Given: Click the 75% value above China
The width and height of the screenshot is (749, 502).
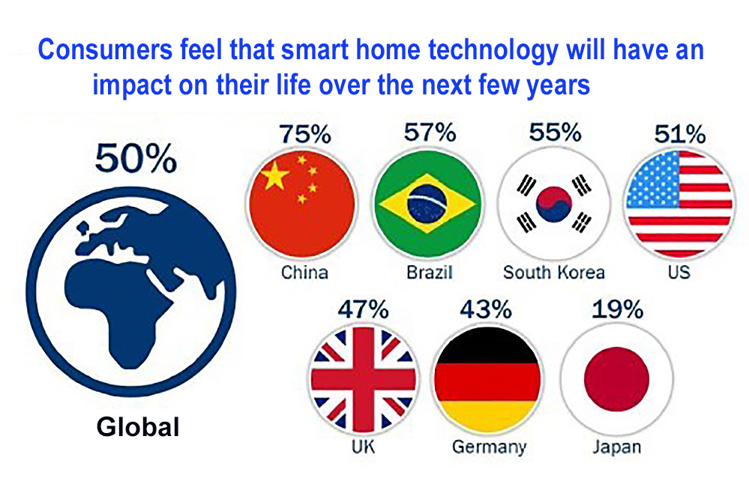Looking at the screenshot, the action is click(304, 134).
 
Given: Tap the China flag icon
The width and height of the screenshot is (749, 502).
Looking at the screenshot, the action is click(302, 204).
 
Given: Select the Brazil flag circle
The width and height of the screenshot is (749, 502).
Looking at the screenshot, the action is click(427, 204).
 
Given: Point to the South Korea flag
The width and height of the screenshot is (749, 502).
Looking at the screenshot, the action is click(553, 204).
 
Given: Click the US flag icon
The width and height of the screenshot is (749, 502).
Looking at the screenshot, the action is click(679, 204).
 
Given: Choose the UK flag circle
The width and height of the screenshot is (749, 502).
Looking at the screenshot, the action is click(363, 379).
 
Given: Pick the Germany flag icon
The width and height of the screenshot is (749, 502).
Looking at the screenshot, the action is click(487, 379).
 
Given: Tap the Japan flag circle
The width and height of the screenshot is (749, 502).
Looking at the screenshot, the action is click(617, 379).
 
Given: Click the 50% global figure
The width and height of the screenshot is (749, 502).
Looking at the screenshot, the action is click(136, 158).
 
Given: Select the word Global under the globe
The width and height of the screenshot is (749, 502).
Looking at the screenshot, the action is click(138, 426).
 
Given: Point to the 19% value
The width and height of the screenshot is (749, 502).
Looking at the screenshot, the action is click(617, 309).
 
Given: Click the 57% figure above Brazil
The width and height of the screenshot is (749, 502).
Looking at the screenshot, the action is click(430, 132).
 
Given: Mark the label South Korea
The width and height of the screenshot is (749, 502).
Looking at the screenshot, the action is click(554, 273).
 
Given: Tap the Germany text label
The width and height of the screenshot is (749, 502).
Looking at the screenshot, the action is click(489, 447).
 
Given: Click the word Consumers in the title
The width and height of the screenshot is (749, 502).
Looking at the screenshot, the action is click(105, 49).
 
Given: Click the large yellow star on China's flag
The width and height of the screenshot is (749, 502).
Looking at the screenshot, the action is click(274, 175).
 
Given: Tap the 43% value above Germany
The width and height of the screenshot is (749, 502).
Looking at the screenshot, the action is click(486, 309).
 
